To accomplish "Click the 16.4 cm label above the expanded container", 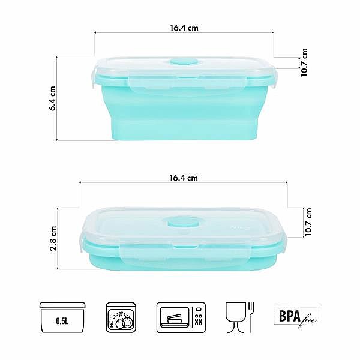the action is [184, 28].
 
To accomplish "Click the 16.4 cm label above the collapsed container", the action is [184, 178].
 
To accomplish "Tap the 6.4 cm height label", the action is [53, 98].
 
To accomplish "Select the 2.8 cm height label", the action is [53, 238].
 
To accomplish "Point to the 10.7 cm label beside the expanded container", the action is [304, 62].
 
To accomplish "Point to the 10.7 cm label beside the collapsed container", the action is [308, 222].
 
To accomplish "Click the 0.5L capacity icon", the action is [62, 317].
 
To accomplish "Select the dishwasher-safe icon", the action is [121, 317].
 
